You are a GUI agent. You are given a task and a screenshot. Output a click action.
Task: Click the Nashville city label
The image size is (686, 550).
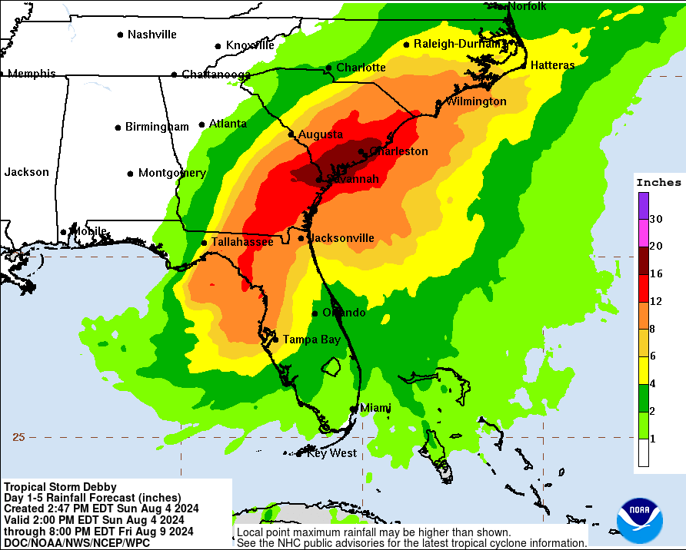coord(152,35)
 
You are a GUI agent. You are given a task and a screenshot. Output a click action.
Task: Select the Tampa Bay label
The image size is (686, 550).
coord(311,339)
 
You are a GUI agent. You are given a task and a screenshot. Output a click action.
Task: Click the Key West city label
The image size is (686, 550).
coord(331,453)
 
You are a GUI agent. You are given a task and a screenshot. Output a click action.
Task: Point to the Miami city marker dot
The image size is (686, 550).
coord(353,409)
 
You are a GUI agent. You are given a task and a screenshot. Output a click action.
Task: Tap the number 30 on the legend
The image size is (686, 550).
coord(655,219)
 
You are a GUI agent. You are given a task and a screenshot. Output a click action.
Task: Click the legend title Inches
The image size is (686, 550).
coord(658,182)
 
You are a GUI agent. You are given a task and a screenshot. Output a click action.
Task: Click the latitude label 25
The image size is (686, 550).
coord(18,437)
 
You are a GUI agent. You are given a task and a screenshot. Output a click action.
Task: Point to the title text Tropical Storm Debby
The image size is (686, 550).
coord(60,486)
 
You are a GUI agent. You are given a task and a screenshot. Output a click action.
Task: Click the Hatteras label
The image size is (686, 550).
coord(552,65)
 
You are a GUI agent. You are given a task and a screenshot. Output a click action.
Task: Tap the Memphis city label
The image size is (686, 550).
coord(32,74)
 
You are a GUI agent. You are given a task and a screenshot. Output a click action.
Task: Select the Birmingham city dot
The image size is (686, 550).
coord(118,128)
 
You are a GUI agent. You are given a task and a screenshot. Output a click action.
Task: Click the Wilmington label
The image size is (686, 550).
coord(476,101)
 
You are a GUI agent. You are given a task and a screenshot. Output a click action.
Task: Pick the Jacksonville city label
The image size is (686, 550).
coord(341,238)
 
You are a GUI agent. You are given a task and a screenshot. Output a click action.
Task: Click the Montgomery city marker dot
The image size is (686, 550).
coord(131,174)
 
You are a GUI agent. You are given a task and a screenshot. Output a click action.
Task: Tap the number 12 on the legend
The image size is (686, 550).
coord(655,301)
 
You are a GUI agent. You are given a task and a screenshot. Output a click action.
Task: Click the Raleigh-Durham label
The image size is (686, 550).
coord(457,44)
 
